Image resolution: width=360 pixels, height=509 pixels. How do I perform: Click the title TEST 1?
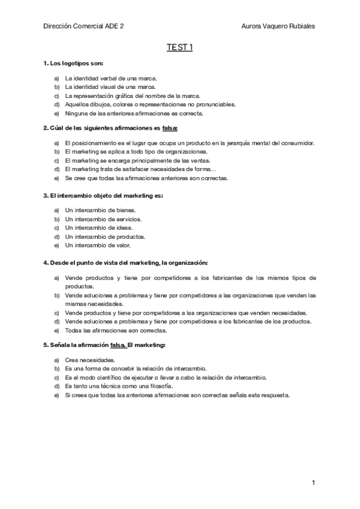[180, 49]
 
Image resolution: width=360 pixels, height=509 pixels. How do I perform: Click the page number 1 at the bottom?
[313, 483]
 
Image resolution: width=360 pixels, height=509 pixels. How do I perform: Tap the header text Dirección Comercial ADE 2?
[85, 26]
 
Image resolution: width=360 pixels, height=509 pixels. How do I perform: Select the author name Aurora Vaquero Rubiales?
[278, 26]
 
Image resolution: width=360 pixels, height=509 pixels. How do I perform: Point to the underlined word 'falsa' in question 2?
[170, 128]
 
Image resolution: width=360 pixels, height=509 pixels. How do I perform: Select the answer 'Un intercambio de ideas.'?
[99, 228]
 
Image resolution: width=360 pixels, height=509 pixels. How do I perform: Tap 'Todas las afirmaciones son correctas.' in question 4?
[116, 331]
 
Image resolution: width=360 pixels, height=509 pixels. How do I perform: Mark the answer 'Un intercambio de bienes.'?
[100, 211]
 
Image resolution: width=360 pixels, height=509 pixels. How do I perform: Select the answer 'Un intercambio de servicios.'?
[103, 219]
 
